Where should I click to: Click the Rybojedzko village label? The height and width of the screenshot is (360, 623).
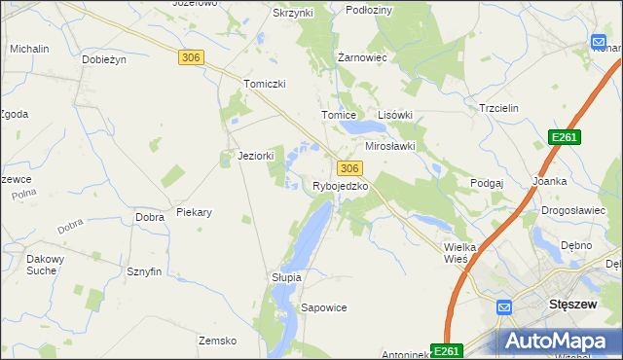(x=340, y=186)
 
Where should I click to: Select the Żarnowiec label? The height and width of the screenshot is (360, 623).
(x=362, y=57)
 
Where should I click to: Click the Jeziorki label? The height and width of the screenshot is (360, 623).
(x=256, y=156)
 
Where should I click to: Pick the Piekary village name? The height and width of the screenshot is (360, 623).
(x=194, y=211)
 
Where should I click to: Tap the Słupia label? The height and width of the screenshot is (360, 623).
(x=286, y=277)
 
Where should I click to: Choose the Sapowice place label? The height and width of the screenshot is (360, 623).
(x=324, y=307)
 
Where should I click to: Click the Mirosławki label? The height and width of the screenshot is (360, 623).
(x=389, y=146)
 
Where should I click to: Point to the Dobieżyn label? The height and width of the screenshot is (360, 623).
(x=105, y=59)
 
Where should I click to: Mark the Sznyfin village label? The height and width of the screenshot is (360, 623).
(x=143, y=272)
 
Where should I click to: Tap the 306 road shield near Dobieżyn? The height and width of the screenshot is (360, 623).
(x=191, y=58)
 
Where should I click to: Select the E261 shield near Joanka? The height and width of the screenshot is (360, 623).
(x=564, y=137)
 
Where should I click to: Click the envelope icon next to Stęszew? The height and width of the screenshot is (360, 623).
(x=503, y=308)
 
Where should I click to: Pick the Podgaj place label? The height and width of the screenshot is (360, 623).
(x=486, y=183)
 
